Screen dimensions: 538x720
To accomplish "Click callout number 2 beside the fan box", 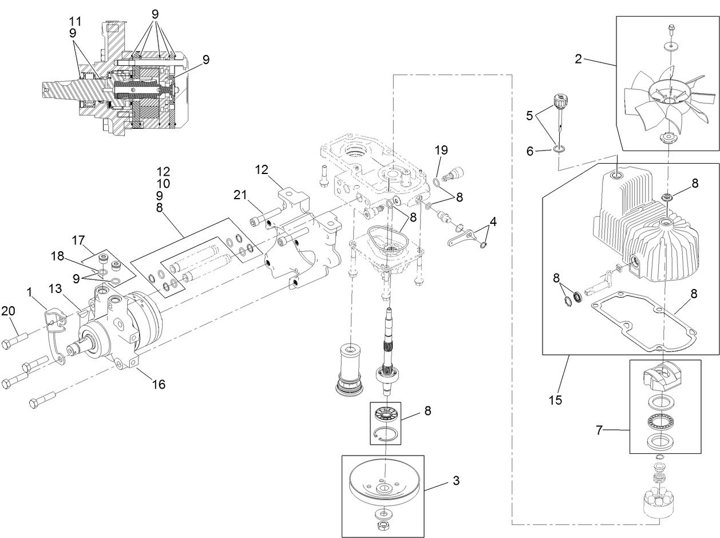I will (579, 59).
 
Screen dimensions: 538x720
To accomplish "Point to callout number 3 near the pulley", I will (456, 481).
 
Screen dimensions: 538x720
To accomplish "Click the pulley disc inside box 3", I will (383, 482).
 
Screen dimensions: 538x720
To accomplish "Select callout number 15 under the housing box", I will (555, 399).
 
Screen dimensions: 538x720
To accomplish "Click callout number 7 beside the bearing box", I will (599, 430).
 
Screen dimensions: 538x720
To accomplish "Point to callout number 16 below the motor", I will (159, 385).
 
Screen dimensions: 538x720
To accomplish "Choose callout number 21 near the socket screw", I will (240, 196).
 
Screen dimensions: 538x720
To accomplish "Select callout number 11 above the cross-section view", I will (75, 21).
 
